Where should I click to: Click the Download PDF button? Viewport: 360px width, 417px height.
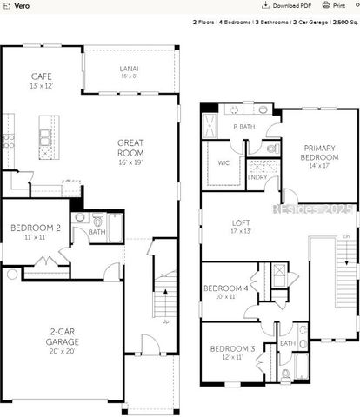tap(288, 5)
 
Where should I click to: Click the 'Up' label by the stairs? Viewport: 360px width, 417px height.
tap(166, 321)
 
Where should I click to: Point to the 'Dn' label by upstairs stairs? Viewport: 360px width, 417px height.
tap(347, 236)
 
